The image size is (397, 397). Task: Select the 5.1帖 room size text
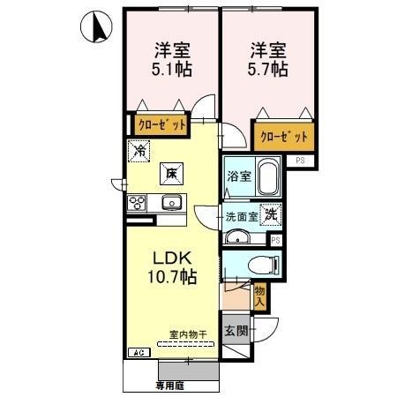172,68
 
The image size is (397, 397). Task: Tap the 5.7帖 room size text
265,68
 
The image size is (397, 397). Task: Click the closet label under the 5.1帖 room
161,125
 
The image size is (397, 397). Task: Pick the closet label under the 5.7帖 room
284,137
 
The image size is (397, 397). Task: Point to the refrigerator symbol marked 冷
139,150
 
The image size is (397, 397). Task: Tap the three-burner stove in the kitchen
139,204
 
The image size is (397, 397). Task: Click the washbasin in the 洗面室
236,236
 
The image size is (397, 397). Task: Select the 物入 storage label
259,296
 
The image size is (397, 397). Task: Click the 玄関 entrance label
233,332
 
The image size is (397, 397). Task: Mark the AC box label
138,353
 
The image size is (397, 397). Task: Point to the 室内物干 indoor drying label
188,333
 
